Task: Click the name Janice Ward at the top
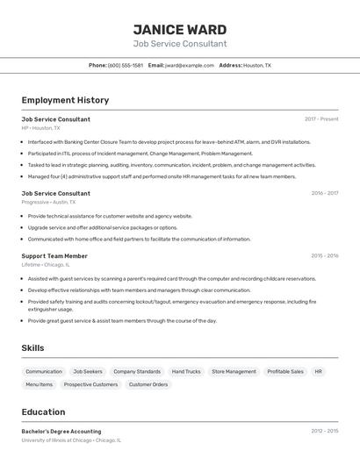coord(179,29)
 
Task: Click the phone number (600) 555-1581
coord(125,65)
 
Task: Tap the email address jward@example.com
coord(190,65)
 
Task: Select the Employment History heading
coord(65,100)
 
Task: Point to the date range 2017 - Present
coord(321,119)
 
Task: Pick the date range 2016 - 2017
coord(324,193)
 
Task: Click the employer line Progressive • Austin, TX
coord(48,202)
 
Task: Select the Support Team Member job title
coord(54,256)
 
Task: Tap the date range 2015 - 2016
coord(324,256)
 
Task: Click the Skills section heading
coord(32,348)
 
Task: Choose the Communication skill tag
coord(44,371)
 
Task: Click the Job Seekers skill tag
coord(88,371)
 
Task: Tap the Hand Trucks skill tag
coord(186,371)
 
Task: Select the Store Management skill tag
coord(234,371)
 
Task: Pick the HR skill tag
coord(318,371)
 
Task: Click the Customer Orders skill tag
coord(148,384)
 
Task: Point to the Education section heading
coord(43,411)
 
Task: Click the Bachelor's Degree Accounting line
coord(61,432)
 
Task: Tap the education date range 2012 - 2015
coord(324,432)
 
